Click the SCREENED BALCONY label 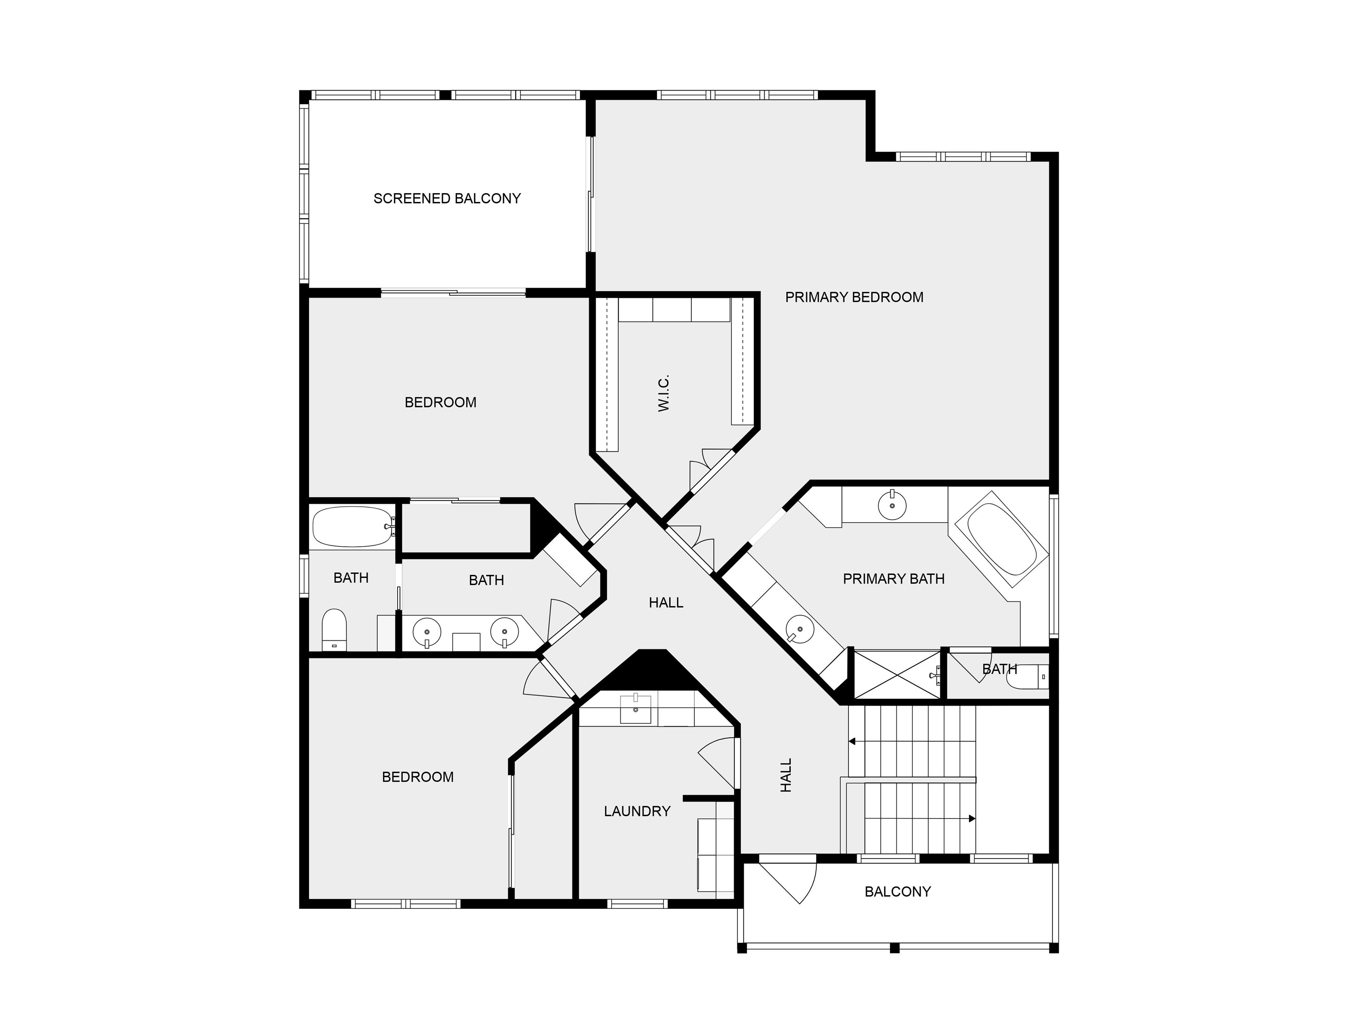(447, 198)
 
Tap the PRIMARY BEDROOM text (854, 297)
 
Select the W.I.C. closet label (664, 393)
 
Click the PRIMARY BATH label (893, 579)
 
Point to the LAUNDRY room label (637, 811)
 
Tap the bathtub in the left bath (352, 527)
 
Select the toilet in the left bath (334, 630)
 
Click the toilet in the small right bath (1027, 677)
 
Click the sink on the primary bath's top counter (892, 505)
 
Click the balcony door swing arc (810, 884)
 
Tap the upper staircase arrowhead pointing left (852, 742)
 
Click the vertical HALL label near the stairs (786, 775)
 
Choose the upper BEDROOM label (440, 403)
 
